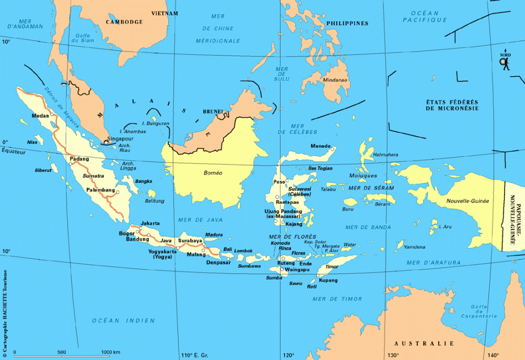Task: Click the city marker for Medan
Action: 52,115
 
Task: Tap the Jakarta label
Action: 150,223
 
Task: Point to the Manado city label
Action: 320,146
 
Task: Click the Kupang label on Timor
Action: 328,280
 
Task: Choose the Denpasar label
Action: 218,262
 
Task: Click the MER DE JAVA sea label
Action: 209,219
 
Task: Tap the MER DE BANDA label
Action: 368,227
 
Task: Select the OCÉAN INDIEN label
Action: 123,320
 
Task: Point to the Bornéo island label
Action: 213,172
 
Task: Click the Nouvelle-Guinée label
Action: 468,201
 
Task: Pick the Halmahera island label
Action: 385,155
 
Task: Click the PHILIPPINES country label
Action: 347,23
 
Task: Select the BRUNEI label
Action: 212,112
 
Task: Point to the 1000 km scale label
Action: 110,352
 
